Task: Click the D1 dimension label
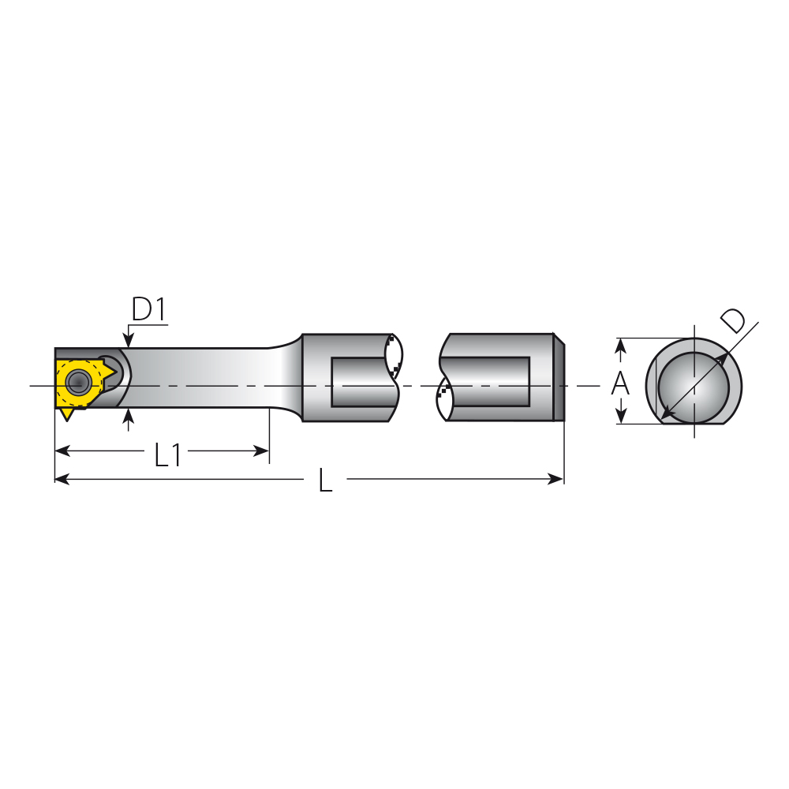point(148,309)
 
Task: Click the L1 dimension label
point(167,454)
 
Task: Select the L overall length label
point(326,480)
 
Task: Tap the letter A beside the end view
point(620,383)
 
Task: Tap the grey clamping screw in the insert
point(78,382)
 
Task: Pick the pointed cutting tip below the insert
point(66,415)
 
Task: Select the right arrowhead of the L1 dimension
point(261,451)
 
